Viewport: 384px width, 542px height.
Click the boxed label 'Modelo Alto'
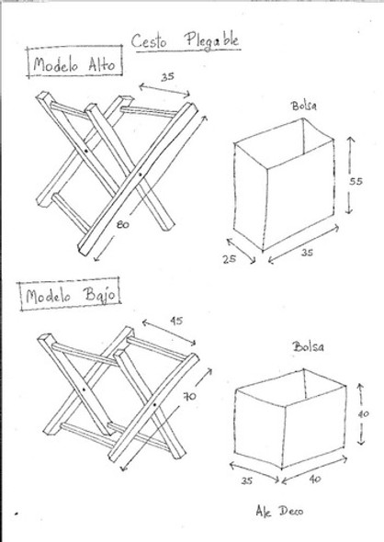pyautogui.click(x=71, y=66)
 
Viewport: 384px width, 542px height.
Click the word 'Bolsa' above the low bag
pyautogui.click(x=308, y=346)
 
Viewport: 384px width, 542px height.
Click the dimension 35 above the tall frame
pyautogui.click(x=169, y=78)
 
